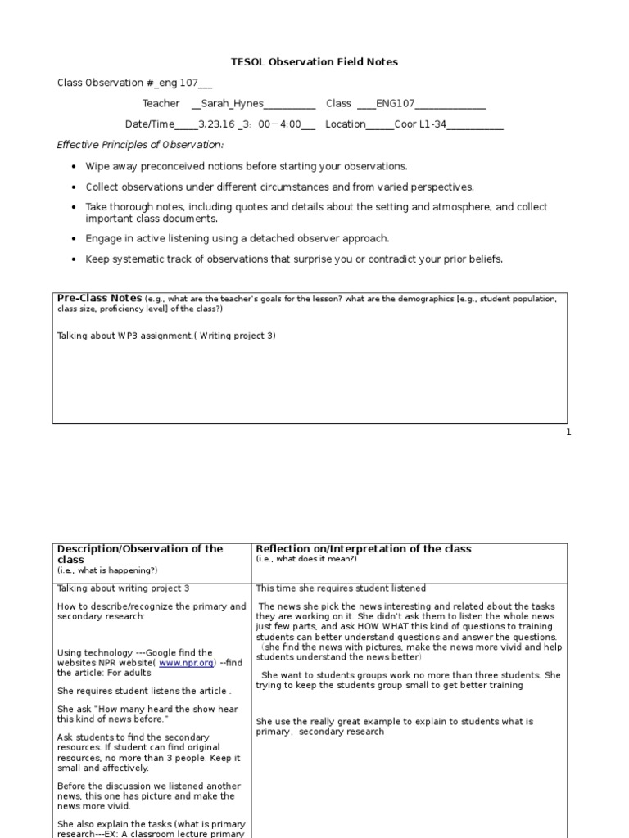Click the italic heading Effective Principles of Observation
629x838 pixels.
(x=140, y=145)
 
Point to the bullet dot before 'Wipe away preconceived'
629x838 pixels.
(x=75, y=166)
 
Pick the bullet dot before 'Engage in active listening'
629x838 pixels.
(x=75, y=239)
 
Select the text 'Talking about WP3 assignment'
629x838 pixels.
(x=127, y=336)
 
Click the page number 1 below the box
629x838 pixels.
(x=568, y=432)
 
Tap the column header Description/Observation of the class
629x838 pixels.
(x=139, y=554)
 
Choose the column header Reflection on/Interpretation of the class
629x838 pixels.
(x=364, y=548)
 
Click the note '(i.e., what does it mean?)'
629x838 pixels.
(x=306, y=559)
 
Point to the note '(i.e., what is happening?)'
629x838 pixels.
(x=107, y=570)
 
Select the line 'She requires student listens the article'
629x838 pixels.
(x=144, y=691)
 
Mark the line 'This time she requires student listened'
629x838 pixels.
(x=341, y=588)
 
